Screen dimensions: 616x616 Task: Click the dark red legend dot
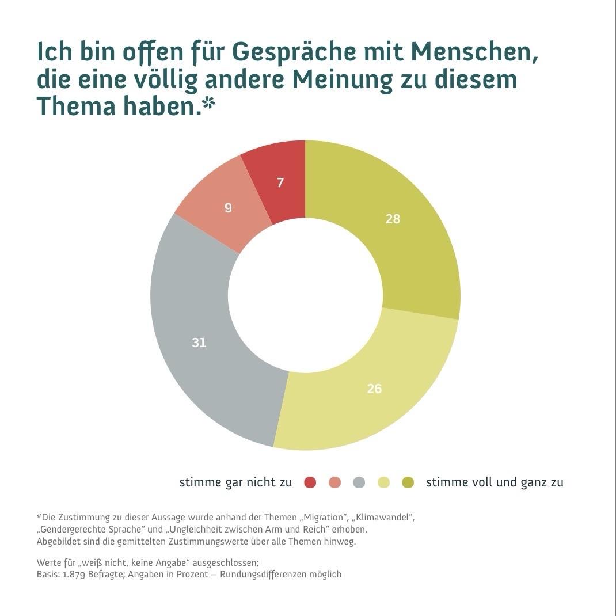[x=310, y=482]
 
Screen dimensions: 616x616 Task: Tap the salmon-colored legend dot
[x=334, y=482]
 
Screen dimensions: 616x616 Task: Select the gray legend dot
[x=359, y=482]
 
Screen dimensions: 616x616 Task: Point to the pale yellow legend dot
[x=383, y=482]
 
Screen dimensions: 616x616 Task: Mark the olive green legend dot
[x=408, y=482]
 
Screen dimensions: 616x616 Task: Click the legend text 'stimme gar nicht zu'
[x=235, y=482]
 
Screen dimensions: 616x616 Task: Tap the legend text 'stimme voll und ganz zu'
[x=495, y=482]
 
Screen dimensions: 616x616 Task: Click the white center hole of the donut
[x=305, y=295]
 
